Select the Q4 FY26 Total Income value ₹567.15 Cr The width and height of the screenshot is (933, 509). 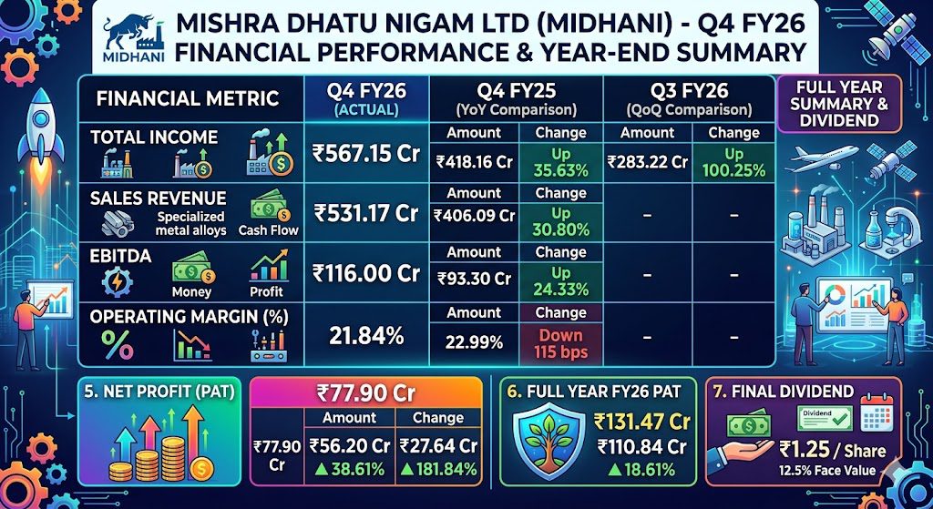pos(366,153)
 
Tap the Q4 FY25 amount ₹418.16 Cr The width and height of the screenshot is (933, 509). pos(474,162)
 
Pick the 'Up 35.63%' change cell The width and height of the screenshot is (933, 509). pos(561,162)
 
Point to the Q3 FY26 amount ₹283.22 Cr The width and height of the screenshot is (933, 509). pos(648,161)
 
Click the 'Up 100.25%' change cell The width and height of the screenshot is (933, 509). pos(733,162)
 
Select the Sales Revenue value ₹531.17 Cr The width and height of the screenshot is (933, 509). pos(366,213)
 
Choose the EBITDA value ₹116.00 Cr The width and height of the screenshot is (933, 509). pos(366,273)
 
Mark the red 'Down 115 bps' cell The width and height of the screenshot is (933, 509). pos(561,343)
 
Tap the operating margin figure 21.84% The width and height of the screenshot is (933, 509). pos(366,337)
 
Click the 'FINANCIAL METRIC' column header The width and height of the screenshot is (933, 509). pos(188,97)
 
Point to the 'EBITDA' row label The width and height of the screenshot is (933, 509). pos(113,256)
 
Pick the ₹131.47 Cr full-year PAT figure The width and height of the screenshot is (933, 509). pos(642,422)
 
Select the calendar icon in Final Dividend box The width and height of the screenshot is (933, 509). pos(877,410)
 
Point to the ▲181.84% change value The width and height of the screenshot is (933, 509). pos(438,469)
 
